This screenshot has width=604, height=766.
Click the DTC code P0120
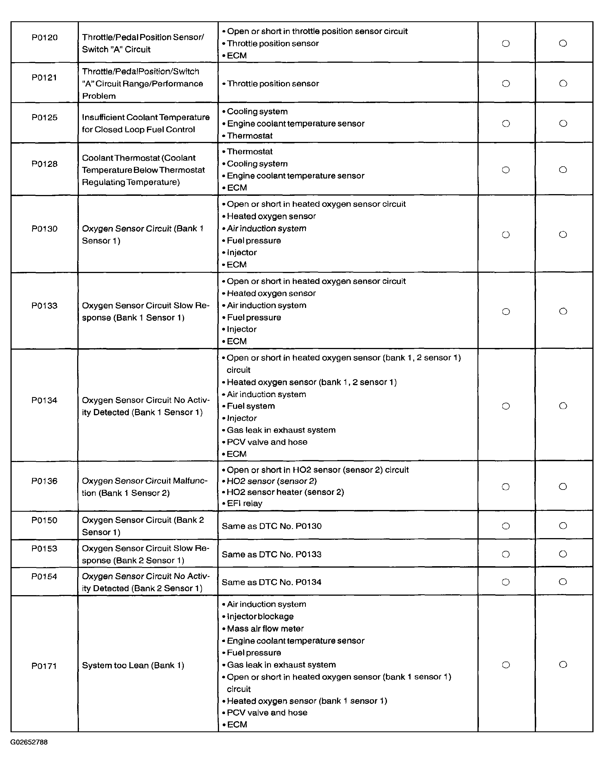point(45,37)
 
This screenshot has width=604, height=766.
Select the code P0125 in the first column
point(45,117)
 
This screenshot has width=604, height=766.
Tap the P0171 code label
point(44,666)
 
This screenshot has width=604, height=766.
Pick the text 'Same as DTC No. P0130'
point(272,526)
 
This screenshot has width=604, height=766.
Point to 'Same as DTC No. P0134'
point(272,582)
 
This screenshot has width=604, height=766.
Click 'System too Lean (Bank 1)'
point(133,665)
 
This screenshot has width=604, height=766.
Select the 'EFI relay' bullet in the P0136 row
point(244,503)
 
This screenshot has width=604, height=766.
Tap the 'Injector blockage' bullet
point(260,616)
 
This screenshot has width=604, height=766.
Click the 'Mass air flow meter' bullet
point(265,628)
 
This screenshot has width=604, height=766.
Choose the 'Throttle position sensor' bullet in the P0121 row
point(273,83)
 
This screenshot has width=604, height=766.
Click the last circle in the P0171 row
point(563,664)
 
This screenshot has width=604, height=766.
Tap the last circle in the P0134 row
point(563,406)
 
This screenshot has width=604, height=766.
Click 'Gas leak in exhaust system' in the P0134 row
point(281,430)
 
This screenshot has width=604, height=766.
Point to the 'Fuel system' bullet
point(251,406)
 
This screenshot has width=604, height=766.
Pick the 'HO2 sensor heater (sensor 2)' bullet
point(285,492)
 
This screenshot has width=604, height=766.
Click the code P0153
point(44,549)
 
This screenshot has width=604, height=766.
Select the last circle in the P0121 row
point(563,83)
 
